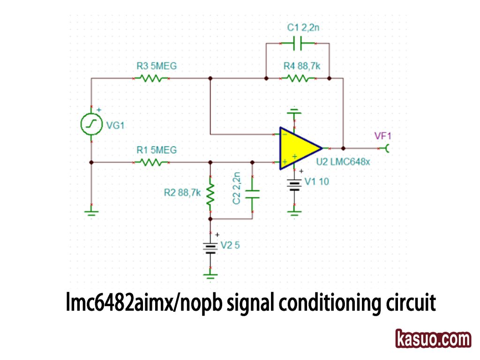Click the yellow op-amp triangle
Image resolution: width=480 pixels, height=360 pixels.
pyautogui.click(x=297, y=148)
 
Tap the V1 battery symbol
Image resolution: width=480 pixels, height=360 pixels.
pyautogui.click(x=294, y=185)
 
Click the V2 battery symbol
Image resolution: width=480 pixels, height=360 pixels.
pyautogui.click(x=210, y=247)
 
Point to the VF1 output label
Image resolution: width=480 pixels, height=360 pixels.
pyautogui.click(x=382, y=136)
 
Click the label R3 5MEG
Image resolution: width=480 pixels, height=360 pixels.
pyautogui.click(x=157, y=66)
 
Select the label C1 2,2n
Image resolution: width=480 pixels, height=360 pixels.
pyautogui.click(x=303, y=28)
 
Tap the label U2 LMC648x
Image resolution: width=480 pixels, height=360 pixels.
pyautogui.click(x=343, y=162)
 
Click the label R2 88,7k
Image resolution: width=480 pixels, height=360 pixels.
pyautogui.click(x=182, y=192)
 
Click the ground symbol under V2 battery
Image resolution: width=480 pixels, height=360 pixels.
pyautogui.click(x=210, y=273)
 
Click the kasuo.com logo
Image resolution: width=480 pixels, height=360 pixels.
pyautogui.click(x=433, y=339)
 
